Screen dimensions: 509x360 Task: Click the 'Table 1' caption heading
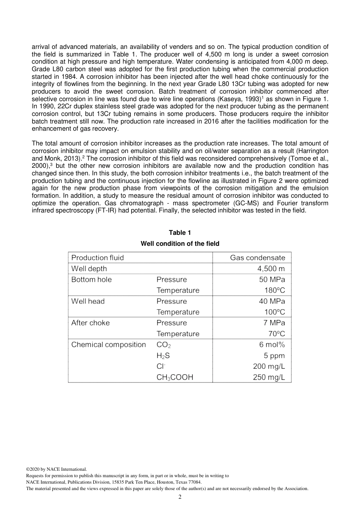180,233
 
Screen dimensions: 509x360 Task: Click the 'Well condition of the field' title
180,244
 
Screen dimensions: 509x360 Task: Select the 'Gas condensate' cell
257,258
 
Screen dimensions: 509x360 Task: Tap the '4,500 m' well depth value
271,269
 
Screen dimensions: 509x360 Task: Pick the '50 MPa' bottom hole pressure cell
272,279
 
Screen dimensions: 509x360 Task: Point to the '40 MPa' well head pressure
272,301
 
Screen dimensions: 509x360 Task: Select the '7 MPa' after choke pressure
274,323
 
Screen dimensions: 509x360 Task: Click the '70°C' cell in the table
276,334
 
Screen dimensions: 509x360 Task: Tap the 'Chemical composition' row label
108,345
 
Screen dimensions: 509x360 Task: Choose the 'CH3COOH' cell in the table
175,377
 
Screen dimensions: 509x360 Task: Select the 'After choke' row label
90,323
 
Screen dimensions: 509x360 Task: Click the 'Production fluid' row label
97,258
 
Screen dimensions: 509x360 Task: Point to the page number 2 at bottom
180,497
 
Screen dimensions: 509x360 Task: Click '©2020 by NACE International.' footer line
56,469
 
